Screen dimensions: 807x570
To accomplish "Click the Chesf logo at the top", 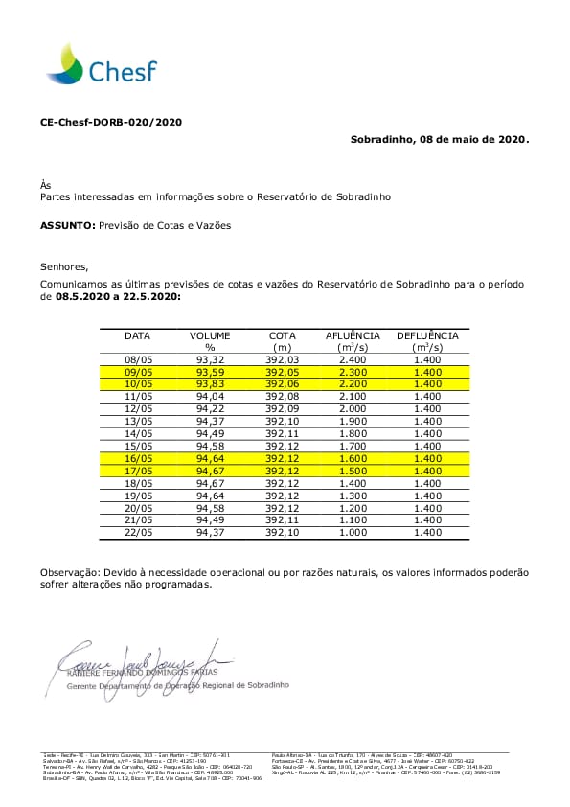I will pyautogui.click(x=101, y=64).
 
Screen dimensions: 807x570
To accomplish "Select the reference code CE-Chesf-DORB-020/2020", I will pyautogui.click(x=110, y=123).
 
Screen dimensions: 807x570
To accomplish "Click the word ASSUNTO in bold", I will pyautogui.click(x=67, y=225).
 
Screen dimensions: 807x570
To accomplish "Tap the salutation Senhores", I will pyautogui.click(x=63, y=266).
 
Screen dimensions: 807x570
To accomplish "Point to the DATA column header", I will pyautogui.click(x=138, y=336).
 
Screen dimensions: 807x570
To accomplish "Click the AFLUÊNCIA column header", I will pyautogui.click(x=353, y=336).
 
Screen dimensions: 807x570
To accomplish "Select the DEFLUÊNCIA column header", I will pyautogui.click(x=427, y=336).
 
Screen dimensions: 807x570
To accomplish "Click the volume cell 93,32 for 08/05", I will pyautogui.click(x=210, y=358).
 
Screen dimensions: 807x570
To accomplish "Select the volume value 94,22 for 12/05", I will pyautogui.click(x=210, y=407).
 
